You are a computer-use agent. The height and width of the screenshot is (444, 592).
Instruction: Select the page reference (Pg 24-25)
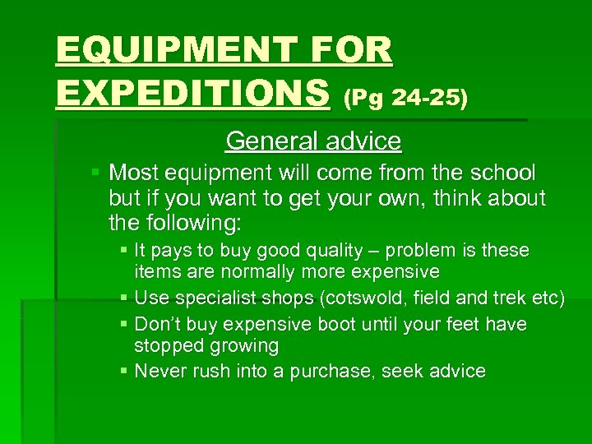click(x=405, y=99)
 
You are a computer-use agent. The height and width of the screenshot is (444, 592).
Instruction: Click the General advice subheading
click(x=313, y=141)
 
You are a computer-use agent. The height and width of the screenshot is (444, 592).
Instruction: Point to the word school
click(x=502, y=173)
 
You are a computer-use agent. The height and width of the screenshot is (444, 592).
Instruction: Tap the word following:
click(x=197, y=222)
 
